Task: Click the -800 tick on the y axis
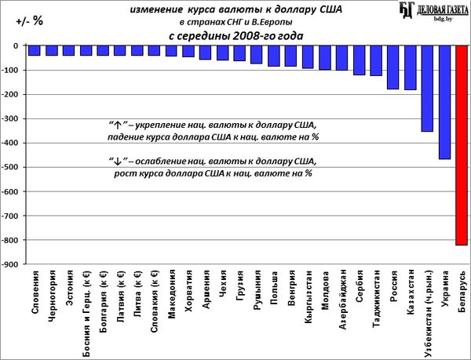[12, 240]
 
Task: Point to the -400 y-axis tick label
[12, 143]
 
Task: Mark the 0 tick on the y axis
[16, 45]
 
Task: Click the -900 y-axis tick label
[12, 264]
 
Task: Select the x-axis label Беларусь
[462, 292]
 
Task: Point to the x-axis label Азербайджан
[341, 301]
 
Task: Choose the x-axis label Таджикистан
[376, 301]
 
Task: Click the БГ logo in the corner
[407, 10]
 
